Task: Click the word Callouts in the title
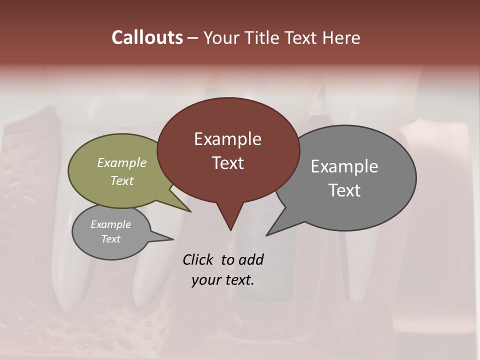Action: click(x=147, y=37)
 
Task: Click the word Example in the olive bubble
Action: click(x=122, y=162)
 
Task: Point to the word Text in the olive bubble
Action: click(x=122, y=180)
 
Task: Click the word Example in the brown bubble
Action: click(x=227, y=139)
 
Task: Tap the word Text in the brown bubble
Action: click(x=227, y=163)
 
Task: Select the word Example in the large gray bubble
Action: click(x=344, y=166)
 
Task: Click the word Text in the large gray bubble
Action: click(x=344, y=190)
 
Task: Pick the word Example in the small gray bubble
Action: click(x=110, y=224)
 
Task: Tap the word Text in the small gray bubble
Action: click(x=110, y=239)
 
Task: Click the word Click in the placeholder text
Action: click(x=199, y=259)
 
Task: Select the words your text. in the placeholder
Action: click(x=223, y=280)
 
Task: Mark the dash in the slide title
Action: click(x=193, y=37)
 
